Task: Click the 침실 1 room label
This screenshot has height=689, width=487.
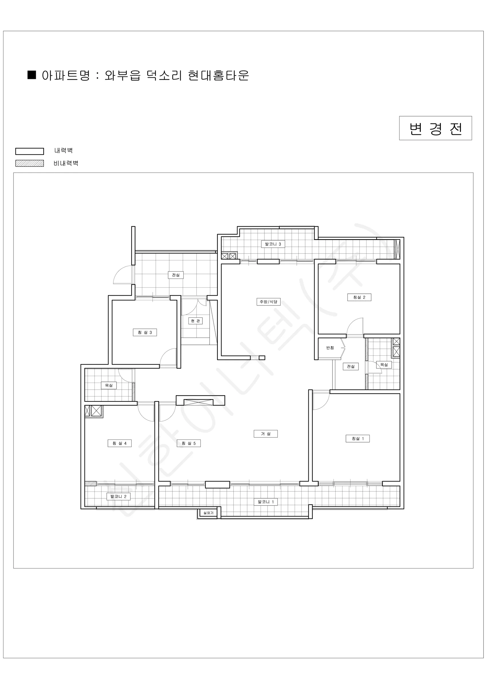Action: coord(358,438)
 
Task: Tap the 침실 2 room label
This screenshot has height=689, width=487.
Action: coord(359,297)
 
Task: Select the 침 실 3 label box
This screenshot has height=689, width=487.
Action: coord(145,332)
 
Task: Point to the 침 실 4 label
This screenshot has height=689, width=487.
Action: coord(120,443)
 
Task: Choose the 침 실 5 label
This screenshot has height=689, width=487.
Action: coord(189,443)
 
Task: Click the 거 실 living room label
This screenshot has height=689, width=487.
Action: coord(266,433)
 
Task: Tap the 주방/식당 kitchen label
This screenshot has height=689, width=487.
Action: coord(268,302)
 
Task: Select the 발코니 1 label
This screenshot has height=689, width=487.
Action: coord(266,502)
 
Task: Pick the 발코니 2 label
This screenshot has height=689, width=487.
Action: coord(118,496)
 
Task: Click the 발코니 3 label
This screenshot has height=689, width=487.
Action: coord(273,244)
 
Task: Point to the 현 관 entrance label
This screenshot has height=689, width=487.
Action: coord(195,321)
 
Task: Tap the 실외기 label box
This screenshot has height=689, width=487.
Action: coord(209,513)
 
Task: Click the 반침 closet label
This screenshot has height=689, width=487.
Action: coord(330,348)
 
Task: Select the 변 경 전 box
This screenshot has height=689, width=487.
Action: coord(435,128)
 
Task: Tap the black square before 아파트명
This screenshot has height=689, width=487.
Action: coord(32,75)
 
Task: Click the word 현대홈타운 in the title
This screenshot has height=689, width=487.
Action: coord(219,75)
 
